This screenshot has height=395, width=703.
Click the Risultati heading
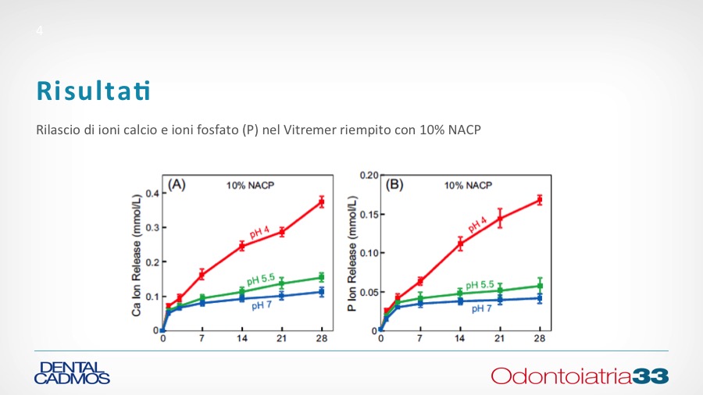(x=93, y=90)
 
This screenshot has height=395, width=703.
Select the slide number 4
(x=39, y=31)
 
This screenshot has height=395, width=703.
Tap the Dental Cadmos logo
(x=72, y=372)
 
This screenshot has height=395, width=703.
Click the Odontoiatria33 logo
(x=580, y=375)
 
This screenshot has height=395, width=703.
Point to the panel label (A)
(x=177, y=185)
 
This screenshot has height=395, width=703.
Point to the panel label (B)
(x=394, y=185)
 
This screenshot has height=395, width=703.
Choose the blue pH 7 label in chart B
(x=481, y=308)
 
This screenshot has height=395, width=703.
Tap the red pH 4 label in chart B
(x=477, y=226)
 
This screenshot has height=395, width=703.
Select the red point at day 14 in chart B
(x=460, y=244)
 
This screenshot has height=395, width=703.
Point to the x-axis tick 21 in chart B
(x=499, y=338)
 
